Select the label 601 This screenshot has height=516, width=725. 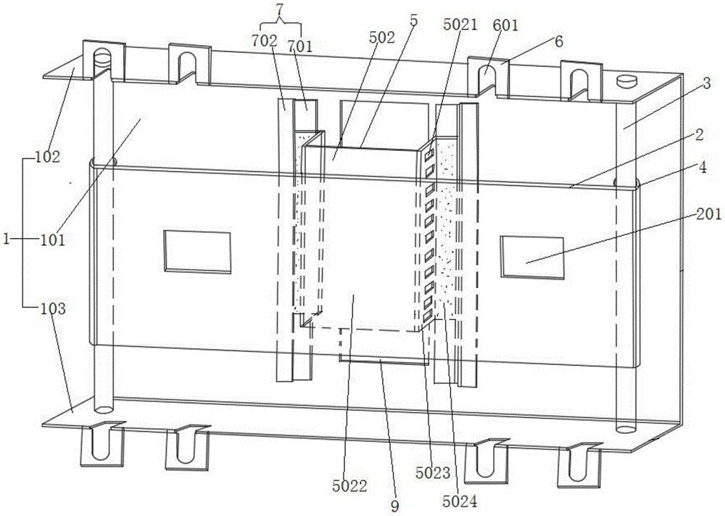coord(505,26)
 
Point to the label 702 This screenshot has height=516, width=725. coord(265,41)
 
